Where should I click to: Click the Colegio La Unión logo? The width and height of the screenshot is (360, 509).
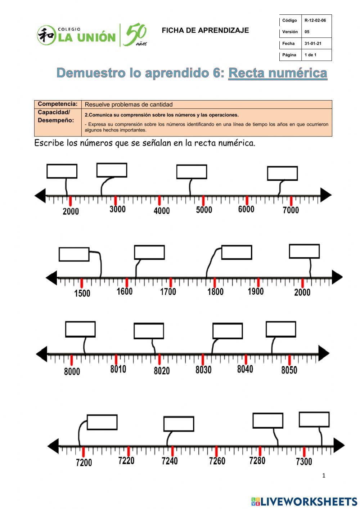click(92, 36)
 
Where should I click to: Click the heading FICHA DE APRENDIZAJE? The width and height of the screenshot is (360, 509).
click(205, 31)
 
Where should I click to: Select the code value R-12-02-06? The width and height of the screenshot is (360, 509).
click(315, 21)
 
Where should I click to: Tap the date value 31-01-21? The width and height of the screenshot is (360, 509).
click(313, 44)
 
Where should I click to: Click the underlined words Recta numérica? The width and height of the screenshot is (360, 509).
click(278, 73)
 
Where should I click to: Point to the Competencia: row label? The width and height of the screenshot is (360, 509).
click(58, 104)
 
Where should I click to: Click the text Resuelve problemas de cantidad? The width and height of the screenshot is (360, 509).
click(129, 104)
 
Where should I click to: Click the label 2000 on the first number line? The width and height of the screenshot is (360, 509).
click(71, 211)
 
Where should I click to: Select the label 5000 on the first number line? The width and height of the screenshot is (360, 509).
click(204, 210)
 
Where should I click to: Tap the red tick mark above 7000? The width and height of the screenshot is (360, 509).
click(291, 201)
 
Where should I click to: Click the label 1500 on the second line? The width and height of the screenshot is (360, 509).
click(82, 293)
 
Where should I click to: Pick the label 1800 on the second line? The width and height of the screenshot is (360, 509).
click(215, 291)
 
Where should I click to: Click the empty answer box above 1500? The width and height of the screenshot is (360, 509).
click(74, 254)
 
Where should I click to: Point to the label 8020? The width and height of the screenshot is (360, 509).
click(162, 370)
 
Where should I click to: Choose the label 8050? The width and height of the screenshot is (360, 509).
click(289, 370)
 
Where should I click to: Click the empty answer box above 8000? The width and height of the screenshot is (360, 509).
click(80, 329)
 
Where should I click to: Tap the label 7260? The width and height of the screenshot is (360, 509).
click(217, 461)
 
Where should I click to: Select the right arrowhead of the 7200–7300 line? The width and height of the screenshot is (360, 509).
click(339, 446)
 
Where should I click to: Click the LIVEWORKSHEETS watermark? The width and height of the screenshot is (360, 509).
click(304, 501)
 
